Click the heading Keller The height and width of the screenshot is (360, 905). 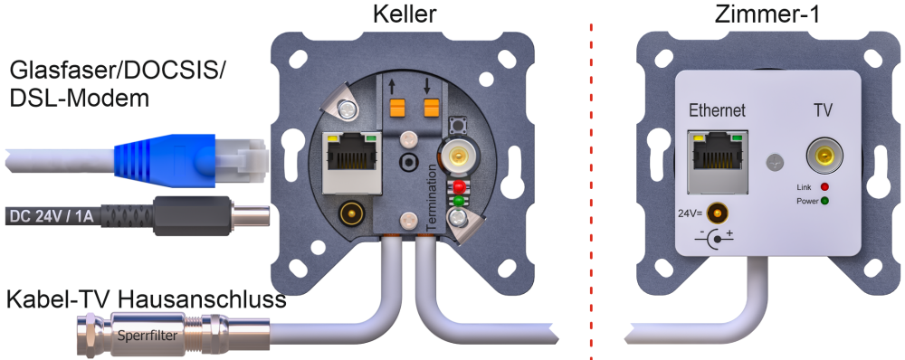[404, 14]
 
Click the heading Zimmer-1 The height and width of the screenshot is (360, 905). [767, 14]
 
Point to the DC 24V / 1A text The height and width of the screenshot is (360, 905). [50, 216]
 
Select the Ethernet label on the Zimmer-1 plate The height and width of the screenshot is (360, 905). [718, 110]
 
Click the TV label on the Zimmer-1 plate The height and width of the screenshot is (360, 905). [823, 110]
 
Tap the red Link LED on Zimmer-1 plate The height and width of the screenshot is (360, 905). [824, 187]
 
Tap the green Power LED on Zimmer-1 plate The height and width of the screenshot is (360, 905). [824, 202]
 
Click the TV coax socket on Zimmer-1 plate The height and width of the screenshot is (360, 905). [824, 156]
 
